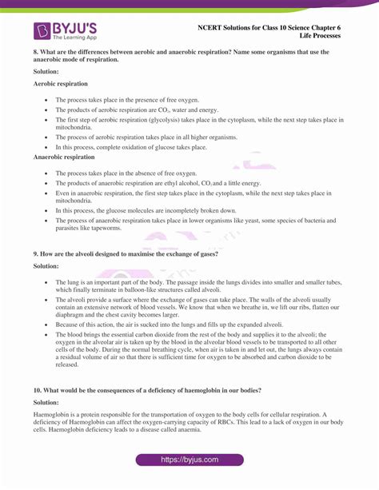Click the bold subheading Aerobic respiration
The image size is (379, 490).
click(61, 83)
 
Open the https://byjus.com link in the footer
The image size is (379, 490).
click(189, 460)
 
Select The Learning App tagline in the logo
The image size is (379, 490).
click(74, 38)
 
